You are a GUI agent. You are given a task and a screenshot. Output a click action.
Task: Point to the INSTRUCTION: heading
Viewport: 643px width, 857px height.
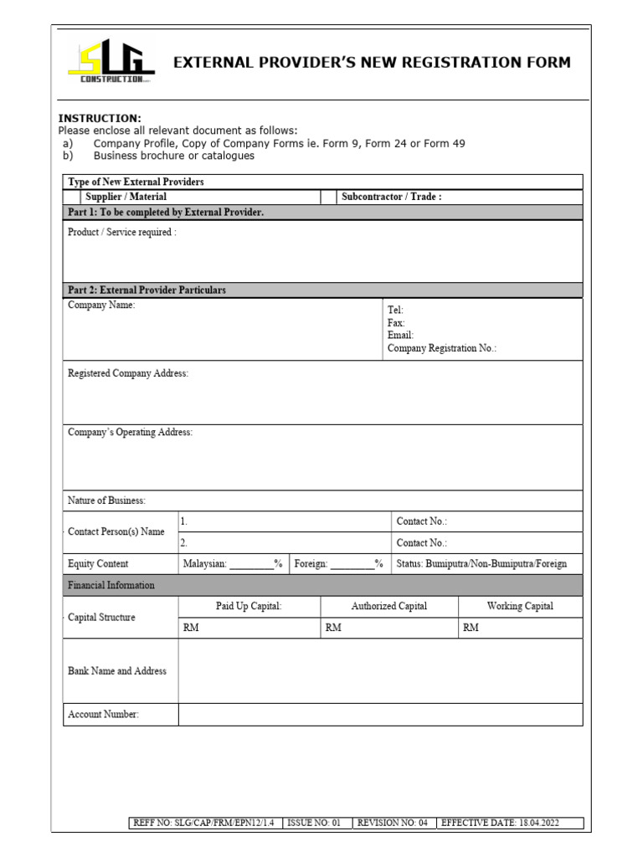point(100,119)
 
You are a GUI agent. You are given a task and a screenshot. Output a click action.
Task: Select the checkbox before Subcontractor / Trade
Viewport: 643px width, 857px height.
point(327,197)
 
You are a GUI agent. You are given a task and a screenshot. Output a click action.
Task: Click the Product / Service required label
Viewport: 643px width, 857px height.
point(122,232)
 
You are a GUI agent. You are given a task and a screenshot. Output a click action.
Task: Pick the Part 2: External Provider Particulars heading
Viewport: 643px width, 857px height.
point(147,290)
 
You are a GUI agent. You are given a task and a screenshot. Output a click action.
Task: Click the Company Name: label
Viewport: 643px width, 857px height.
point(101,305)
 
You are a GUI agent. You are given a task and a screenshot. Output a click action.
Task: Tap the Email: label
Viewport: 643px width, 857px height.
point(400,335)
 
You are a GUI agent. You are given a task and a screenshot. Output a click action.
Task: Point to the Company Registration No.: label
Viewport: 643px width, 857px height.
point(442,348)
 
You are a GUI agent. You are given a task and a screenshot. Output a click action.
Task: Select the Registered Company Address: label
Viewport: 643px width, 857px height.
point(128,373)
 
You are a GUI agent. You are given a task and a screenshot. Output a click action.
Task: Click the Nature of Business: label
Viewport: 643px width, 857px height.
point(106,500)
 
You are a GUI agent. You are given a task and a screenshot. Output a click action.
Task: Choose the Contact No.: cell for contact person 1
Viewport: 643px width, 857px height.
point(486,521)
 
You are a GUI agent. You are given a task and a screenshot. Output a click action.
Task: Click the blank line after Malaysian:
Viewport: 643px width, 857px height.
point(252,565)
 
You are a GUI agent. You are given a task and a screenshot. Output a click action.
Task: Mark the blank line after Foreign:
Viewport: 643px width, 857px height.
point(352,565)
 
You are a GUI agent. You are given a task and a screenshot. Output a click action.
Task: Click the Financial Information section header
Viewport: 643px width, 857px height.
point(111,585)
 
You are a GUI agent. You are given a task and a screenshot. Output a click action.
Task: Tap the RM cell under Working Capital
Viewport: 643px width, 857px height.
point(520,629)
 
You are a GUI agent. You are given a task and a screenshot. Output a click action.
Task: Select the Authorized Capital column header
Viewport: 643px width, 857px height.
point(389,606)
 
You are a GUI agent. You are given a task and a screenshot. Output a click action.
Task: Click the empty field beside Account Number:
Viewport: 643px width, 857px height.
point(380,714)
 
